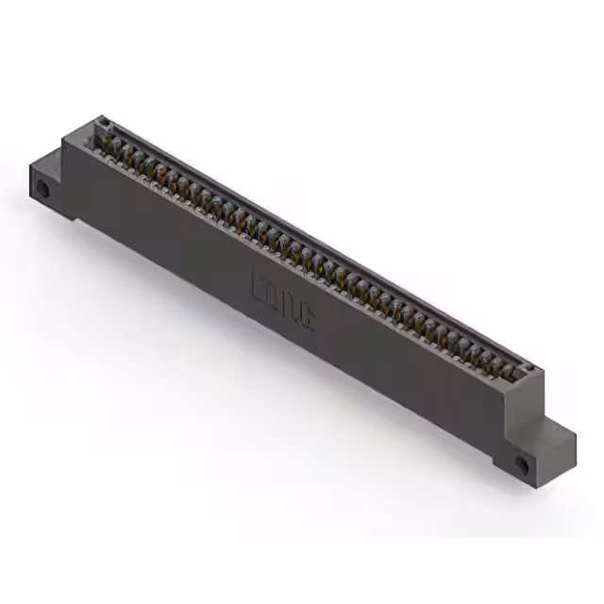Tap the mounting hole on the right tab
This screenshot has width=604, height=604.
coord(523,464)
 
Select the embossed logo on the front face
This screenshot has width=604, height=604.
coord(284,302)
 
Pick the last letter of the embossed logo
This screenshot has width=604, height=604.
coord(309,318)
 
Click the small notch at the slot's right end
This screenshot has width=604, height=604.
coord(532,369)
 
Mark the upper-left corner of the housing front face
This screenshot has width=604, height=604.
coord(63,140)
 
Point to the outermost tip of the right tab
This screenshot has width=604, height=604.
coord(575,437)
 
